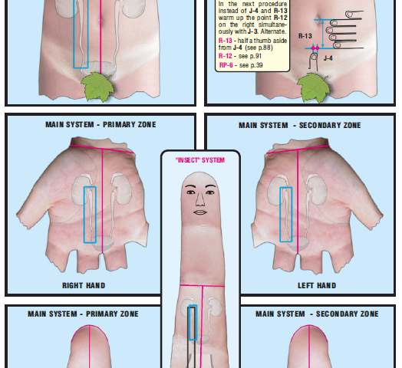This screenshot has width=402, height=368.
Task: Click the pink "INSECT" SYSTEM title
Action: tap(200, 160)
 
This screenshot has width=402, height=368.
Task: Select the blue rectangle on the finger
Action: tap(193, 322)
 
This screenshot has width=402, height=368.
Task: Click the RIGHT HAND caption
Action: tap(84, 285)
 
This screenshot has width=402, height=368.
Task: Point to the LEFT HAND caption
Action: tap(316, 285)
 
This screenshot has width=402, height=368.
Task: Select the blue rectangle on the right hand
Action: tap(90, 215)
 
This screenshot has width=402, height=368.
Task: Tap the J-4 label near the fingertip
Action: tap(328, 58)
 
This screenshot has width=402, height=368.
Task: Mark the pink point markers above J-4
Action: tap(314, 48)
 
